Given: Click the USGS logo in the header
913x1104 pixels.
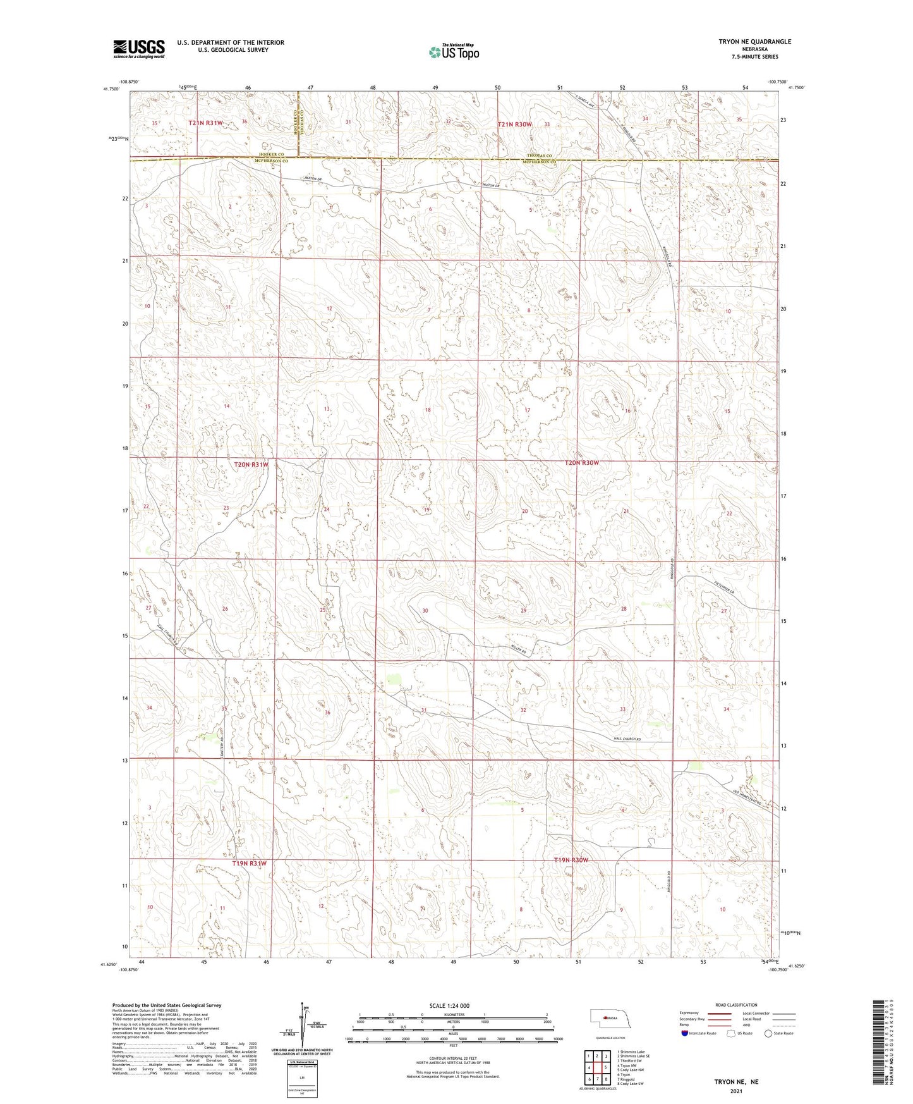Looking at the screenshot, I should click(x=139, y=48).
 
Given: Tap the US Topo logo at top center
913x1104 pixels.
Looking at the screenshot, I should click(x=453, y=52).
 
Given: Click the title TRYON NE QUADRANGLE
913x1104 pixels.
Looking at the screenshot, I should click(x=754, y=42).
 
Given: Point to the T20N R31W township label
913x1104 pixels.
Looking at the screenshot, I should click(x=251, y=465).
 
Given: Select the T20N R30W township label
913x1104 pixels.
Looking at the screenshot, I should click(x=581, y=463).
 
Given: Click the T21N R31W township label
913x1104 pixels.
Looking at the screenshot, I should click(x=205, y=123).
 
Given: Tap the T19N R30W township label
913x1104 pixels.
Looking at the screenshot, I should click(x=571, y=860).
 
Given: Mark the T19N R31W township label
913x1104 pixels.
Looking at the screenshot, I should click(x=249, y=863).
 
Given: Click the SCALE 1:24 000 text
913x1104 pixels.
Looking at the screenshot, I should click(x=449, y=1005).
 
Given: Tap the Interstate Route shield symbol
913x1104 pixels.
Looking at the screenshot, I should click(x=685, y=1033).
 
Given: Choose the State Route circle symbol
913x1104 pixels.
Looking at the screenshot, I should click(x=768, y=1033).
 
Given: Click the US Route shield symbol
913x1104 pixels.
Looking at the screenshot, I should click(x=730, y=1033).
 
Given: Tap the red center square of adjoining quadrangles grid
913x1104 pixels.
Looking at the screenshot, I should click(x=596, y=1067).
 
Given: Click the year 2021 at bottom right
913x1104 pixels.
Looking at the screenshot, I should click(x=735, y=1091).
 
